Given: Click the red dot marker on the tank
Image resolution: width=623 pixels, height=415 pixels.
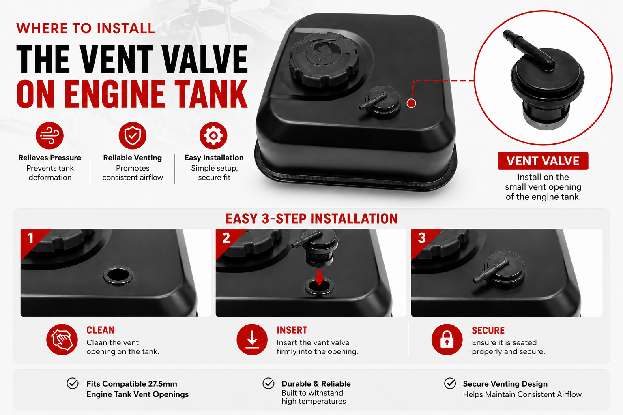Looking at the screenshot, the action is click(x=411, y=103).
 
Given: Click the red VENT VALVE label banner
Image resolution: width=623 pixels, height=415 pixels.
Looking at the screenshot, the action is click(x=543, y=161).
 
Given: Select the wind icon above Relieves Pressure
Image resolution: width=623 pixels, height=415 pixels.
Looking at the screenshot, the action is click(x=49, y=136).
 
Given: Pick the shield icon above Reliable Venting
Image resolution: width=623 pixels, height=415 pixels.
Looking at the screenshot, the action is click(x=132, y=136).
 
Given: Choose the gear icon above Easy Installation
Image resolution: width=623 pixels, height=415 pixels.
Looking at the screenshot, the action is click(x=213, y=136).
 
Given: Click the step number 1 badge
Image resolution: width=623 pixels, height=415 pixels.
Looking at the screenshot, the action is click(x=30, y=238).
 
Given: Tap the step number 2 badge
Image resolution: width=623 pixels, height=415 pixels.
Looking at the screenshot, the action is click(x=226, y=238).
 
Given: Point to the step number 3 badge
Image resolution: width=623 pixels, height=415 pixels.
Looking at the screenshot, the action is click(x=421, y=238).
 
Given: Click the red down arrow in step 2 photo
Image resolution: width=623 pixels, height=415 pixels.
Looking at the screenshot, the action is click(x=319, y=277).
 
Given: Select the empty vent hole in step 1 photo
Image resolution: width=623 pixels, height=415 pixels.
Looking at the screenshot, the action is click(x=118, y=276).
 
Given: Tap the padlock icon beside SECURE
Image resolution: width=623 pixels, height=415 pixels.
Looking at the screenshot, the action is click(x=447, y=339).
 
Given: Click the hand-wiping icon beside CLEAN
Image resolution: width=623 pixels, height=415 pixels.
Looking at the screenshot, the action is click(x=62, y=339).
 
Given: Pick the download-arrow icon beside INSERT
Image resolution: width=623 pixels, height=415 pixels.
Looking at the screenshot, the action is click(x=252, y=339).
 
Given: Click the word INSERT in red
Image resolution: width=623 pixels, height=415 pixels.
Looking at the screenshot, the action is click(x=292, y=330).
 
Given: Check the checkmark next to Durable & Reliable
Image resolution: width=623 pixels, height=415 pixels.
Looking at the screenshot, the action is click(x=269, y=383).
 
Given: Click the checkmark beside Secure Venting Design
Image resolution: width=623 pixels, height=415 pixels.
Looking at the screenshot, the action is click(x=450, y=383).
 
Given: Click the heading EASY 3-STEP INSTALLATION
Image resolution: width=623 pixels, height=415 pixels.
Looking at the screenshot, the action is click(x=311, y=219).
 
